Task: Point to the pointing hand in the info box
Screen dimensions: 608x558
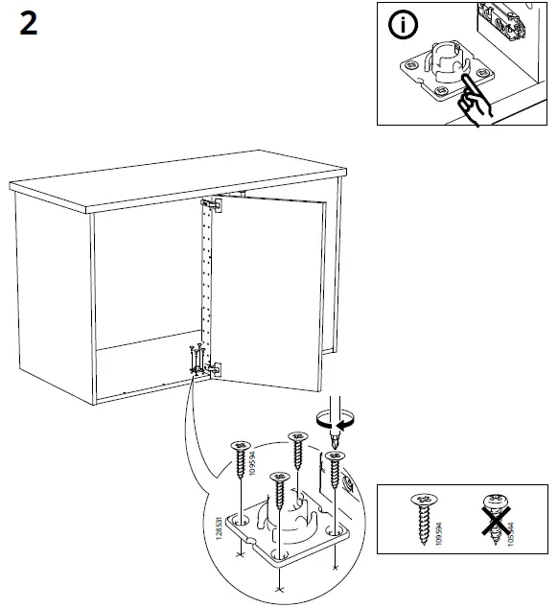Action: pyautogui.click(x=473, y=99)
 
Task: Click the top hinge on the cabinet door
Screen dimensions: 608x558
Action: pyautogui.click(x=209, y=203)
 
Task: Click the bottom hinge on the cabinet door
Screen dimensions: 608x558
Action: pyautogui.click(x=213, y=367)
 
